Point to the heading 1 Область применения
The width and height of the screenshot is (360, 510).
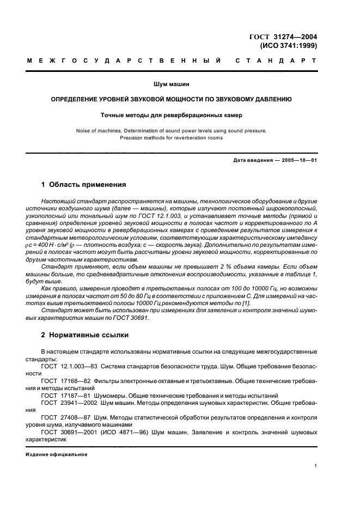pyautogui.click(x=83, y=185)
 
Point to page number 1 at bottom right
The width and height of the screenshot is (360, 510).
pyautogui.click(x=316, y=466)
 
